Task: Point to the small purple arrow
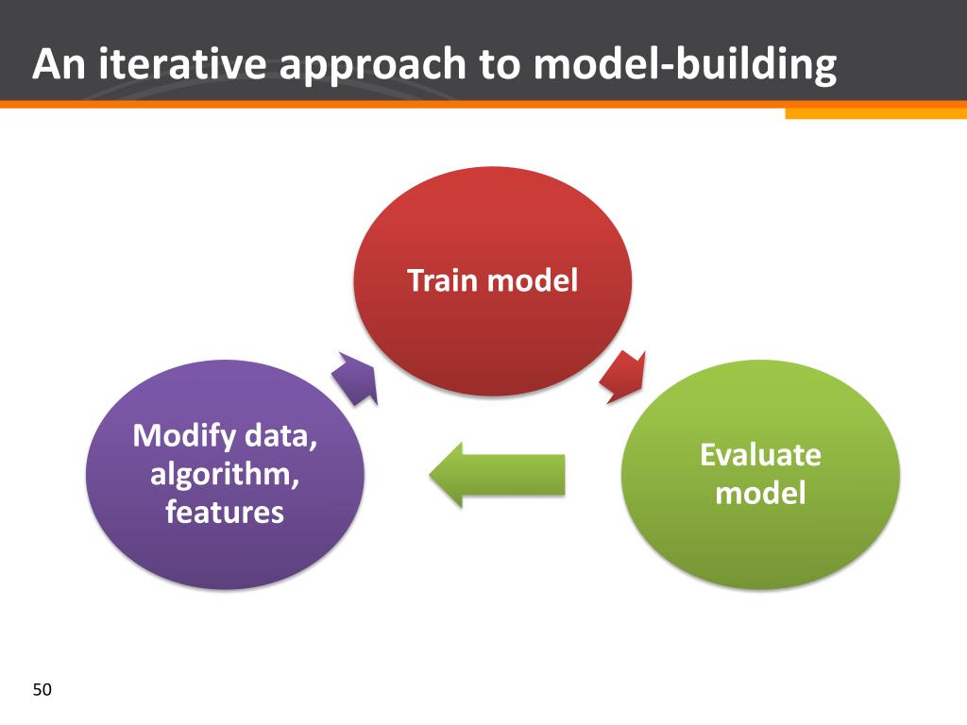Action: (x=355, y=379)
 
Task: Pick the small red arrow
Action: (x=623, y=377)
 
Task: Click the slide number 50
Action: (x=42, y=690)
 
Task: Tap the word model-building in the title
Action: (x=685, y=64)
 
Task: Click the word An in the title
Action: (x=59, y=64)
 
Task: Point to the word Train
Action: (x=441, y=280)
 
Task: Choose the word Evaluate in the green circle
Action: (x=760, y=455)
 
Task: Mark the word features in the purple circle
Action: (x=225, y=512)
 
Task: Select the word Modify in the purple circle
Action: (x=184, y=436)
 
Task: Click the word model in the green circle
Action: (x=760, y=493)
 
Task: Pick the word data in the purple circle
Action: (x=281, y=436)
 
